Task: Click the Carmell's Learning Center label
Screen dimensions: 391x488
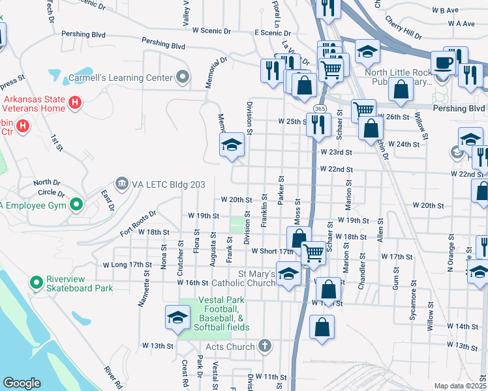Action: [121, 78]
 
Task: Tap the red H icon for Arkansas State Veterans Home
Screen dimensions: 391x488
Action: [75, 102]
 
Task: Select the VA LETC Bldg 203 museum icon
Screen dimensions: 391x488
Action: [121, 184]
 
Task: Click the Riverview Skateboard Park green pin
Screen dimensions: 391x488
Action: [36, 283]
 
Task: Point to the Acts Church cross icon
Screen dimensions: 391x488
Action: [264, 346]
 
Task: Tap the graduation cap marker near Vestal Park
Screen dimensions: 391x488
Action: [176, 318]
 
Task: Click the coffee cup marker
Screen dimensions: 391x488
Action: [444, 63]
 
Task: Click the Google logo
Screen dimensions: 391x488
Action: [22, 383]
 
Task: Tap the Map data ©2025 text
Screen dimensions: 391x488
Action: [460, 386]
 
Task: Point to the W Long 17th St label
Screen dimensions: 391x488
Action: [127, 265]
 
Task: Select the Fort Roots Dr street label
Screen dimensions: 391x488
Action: [138, 222]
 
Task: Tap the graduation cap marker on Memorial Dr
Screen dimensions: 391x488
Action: [232, 146]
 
